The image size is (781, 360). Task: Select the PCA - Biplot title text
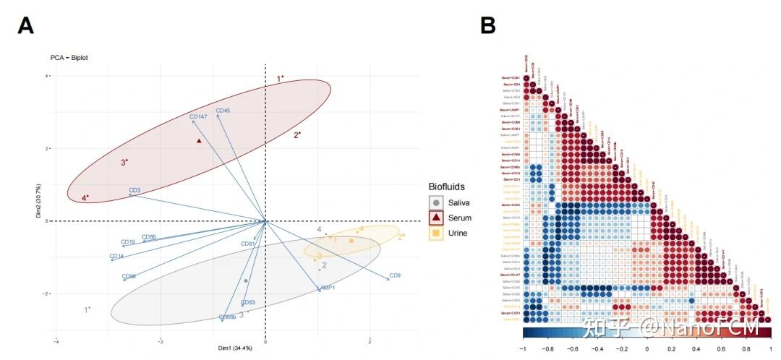[x=69, y=57]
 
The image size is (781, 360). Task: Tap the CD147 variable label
[x=199, y=116]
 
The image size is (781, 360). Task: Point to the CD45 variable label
[x=223, y=111]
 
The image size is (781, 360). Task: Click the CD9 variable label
[x=395, y=275]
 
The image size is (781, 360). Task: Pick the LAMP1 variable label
[x=325, y=288]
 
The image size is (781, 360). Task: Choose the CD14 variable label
[x=116, y=256]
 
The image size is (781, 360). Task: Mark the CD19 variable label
[x=128, y=242]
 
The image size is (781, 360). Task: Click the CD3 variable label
[x=135, y=192]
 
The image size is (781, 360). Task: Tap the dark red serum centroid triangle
[x=199, y=141]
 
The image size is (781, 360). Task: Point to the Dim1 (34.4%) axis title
[x=235, y=348]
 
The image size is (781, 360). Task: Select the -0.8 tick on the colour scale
[x=547, y=347]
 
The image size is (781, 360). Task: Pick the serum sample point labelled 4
[x=85, y=197]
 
